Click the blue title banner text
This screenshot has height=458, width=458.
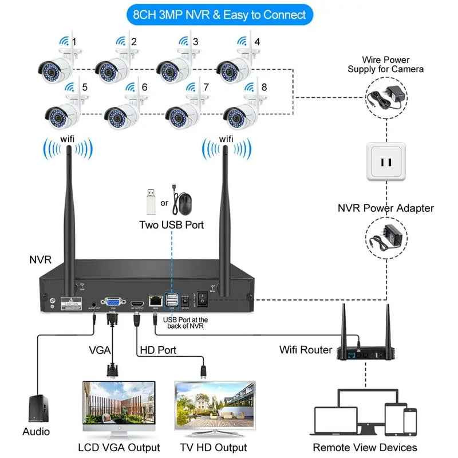pos(220,15)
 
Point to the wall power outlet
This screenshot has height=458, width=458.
pos(386,162)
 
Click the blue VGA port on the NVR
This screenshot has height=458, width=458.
pos(112,302)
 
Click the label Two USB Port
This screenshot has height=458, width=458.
pos(171,225)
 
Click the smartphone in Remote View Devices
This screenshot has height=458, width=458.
pos(410,421)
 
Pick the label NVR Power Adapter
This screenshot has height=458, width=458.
pos(386,208)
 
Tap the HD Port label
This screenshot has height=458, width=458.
pos(158,349)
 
